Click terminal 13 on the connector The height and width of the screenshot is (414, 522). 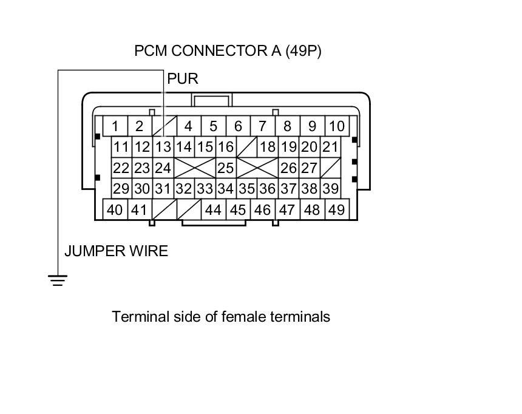tap(163, 147)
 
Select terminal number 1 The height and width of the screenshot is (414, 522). tap(115, 126)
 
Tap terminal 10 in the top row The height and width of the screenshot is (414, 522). tap(336, 126)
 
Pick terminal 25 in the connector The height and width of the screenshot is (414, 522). tap(226, 168)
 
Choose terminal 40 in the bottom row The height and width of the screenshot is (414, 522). tap(115, 210)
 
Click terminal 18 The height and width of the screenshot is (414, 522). tap(268, 147)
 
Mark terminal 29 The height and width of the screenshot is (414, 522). tap(122, 189)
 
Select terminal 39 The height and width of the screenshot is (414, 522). tap(330, 189)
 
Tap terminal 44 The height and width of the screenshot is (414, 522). tap(213, 210)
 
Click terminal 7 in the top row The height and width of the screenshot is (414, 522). tap(262, 126)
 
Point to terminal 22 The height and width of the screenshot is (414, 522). tap(122, 168)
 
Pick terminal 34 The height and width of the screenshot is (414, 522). tap(226, 189)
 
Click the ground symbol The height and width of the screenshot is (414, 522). tap(58, 280)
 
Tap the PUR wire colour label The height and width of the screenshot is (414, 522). tap(183, 79)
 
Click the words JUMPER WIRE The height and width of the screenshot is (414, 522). tap(116, 251)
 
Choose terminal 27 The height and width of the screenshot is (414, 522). tap(310, 168)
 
